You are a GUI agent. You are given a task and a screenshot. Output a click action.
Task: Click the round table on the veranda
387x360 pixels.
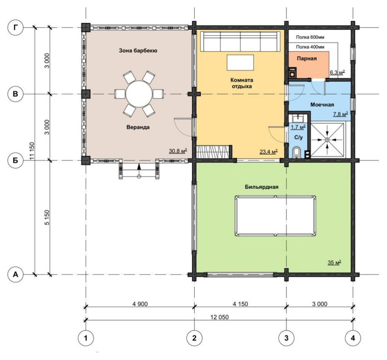(139, 94)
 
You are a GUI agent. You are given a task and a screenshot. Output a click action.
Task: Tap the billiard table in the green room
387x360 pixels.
(275, 216)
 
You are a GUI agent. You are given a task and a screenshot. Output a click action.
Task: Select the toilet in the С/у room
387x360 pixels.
(296, 152)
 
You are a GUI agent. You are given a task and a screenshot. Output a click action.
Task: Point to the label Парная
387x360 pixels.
(306, 59)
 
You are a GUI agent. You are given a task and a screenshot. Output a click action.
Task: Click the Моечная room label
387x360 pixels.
(322, 105)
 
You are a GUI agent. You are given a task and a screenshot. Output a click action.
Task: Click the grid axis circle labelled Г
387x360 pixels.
(16, 28)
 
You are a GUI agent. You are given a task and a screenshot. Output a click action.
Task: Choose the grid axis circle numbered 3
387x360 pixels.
(286, 338)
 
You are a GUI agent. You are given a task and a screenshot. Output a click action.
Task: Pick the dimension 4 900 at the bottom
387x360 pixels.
(140, 304)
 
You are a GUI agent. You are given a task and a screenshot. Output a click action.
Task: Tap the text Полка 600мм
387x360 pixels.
(310, 37)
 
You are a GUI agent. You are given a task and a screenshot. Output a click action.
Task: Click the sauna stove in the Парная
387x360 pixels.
(292, 73)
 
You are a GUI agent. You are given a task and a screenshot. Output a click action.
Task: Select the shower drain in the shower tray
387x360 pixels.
(327, 139)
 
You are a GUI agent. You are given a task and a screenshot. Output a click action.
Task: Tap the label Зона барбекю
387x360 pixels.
(138, 51)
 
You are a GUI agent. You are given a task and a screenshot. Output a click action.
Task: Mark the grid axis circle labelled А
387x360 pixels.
(16, 274)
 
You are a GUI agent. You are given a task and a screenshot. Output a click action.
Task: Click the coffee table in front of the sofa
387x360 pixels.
(240, 62)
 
